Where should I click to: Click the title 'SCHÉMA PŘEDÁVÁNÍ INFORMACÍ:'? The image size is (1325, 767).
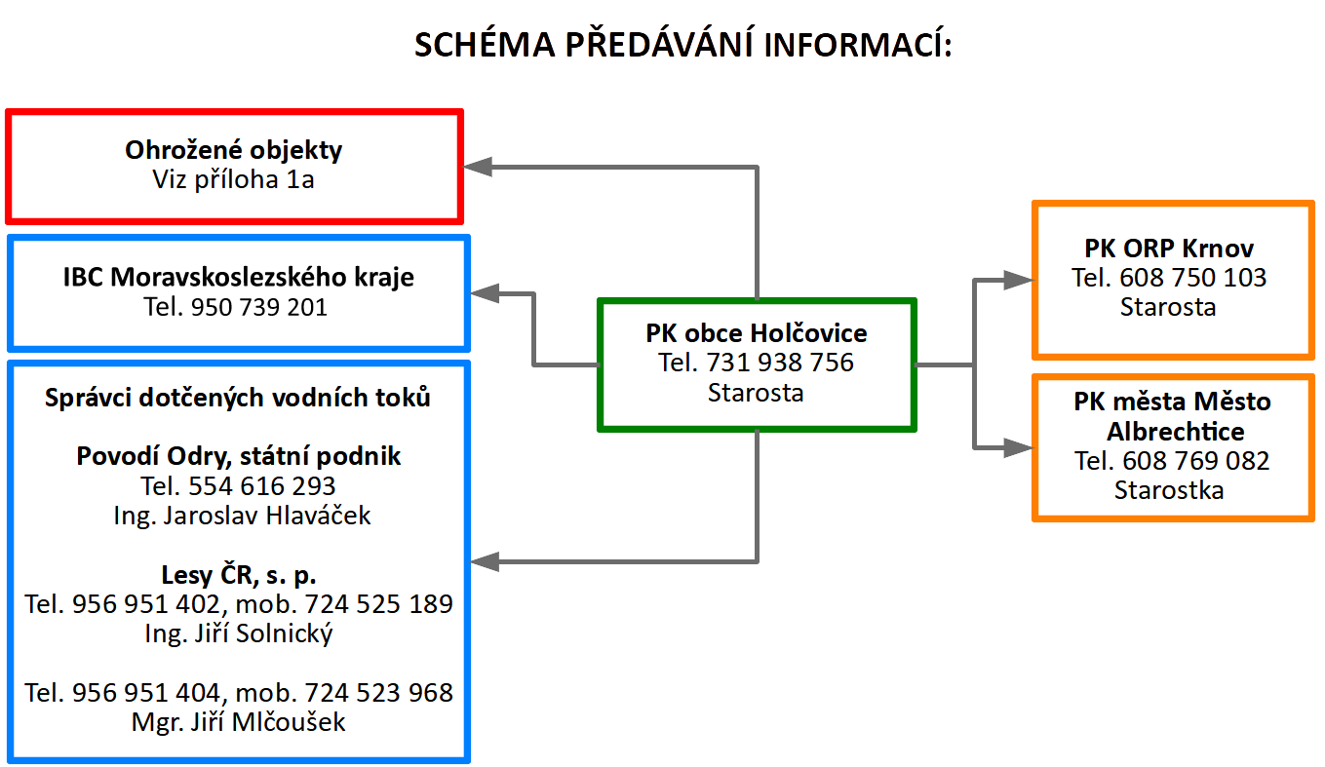tap(683, 45)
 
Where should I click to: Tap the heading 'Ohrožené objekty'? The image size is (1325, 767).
tap(234, 150)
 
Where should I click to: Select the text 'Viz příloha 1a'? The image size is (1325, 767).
tap(233, 179)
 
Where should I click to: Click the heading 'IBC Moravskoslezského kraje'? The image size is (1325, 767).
tap(238, 277)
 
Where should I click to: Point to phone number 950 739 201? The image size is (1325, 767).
tap(258, 307)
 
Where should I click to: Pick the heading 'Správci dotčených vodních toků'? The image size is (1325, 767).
tap(238, 398)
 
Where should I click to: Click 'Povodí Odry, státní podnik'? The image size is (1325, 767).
tap(238, 456)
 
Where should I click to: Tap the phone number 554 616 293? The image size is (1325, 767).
tap(261, 486)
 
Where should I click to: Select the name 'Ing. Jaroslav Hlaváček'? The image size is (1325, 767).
tap(242, 516)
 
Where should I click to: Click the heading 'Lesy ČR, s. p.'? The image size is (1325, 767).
tap(238, 575)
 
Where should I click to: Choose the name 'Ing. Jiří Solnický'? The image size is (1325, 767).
tap(238, 633)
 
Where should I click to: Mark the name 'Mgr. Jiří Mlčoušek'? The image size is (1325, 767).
tap(238, 722)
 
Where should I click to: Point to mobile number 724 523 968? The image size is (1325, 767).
tap(378, 693)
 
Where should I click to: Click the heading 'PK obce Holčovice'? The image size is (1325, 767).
tap(757, 333)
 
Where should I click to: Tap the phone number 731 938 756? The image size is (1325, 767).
tap(780, 363)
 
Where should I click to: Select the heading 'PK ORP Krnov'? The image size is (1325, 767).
tap(1169, 249)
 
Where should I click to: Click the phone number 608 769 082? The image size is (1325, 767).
tap(1196, 461)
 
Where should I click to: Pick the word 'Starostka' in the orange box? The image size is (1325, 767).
tap(1169, 490)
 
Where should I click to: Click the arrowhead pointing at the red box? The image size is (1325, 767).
tap(478, 167)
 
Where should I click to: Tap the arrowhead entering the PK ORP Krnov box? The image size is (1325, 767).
tap(1019, 280)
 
